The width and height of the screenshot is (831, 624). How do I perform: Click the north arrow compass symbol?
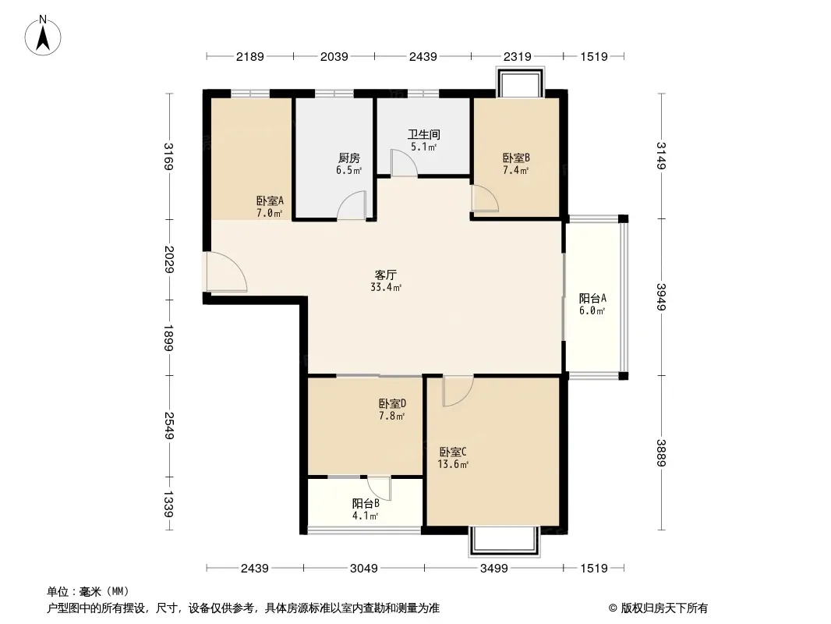pos(43,36)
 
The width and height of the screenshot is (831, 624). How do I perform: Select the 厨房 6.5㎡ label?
pos(348,164)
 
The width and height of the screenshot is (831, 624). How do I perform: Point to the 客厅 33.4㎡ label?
pos(386,281)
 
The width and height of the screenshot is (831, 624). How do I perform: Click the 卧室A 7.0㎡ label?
pos(270,207)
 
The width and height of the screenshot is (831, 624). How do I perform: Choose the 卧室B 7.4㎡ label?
pos(516,164)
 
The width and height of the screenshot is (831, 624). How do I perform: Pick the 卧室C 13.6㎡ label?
pos(453,458)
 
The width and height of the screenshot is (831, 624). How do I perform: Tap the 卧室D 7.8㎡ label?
pos(392,409)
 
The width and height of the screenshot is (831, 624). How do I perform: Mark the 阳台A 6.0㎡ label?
pos(592,304)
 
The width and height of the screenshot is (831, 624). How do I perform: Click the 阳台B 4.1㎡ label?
pos(366,509)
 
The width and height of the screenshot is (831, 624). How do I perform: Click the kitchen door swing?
pos(352,205)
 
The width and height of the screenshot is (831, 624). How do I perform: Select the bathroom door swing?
pos(404,163)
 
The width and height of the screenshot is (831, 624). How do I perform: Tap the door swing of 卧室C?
pos(458,391)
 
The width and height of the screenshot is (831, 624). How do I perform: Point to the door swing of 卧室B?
pos(485,198)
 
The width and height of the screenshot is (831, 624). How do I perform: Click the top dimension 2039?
pos(334,56)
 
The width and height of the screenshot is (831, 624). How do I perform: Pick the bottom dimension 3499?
pos(494,569)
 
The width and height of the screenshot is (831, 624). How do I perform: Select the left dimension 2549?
pos(169,426)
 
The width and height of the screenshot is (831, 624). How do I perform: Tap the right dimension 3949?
pos(661,297)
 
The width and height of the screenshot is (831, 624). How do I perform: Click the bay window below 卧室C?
pos(505,541)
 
